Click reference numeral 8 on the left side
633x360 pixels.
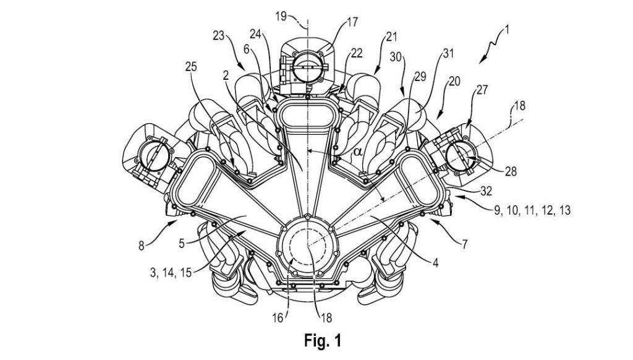143,246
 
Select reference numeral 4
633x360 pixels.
435,262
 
